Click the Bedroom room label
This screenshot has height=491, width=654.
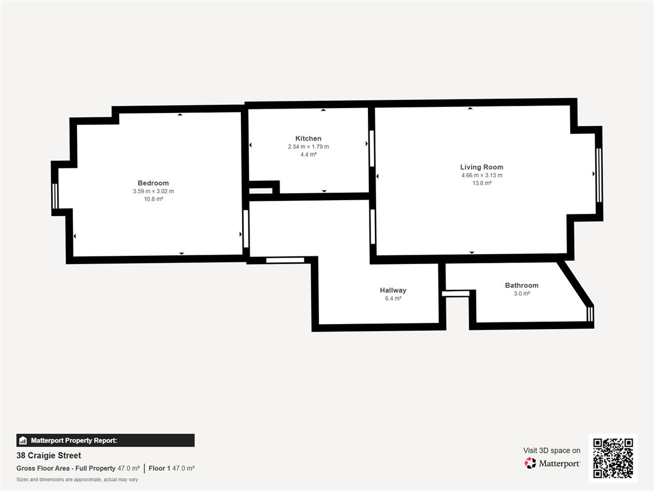pos(153,183)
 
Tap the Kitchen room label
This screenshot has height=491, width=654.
pos(308,139)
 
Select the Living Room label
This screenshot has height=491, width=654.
pos(481,167)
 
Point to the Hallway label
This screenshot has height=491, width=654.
pos(393,290)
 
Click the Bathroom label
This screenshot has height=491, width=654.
pos(522,285)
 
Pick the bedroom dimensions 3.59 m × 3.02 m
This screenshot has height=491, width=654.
pos(153,191)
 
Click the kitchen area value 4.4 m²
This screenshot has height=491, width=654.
pos(308,154)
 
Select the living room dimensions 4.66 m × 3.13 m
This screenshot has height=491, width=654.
pos(482,175)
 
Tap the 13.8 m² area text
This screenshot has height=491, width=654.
pos(482,183)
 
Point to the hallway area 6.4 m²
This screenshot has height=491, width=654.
pos(393,298)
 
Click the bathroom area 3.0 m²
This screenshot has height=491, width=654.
pos(522,294)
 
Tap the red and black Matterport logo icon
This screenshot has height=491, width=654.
pos(530,463)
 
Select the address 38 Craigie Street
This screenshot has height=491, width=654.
pos(49,456)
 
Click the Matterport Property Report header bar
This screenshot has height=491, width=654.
pos(106,440)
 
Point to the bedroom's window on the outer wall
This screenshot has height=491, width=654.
pos(55,196)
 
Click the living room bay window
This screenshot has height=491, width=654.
pos(599,175)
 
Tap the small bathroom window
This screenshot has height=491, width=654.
pos(590,314)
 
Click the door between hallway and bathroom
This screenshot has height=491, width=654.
pos(456,294)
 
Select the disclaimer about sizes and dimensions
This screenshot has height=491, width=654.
pos(77,480)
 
